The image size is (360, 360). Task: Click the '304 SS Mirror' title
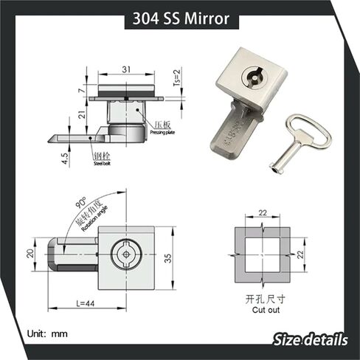tap(180, 18)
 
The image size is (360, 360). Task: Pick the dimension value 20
tap(31, 253)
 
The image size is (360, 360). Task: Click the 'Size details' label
tap(310, 339)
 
